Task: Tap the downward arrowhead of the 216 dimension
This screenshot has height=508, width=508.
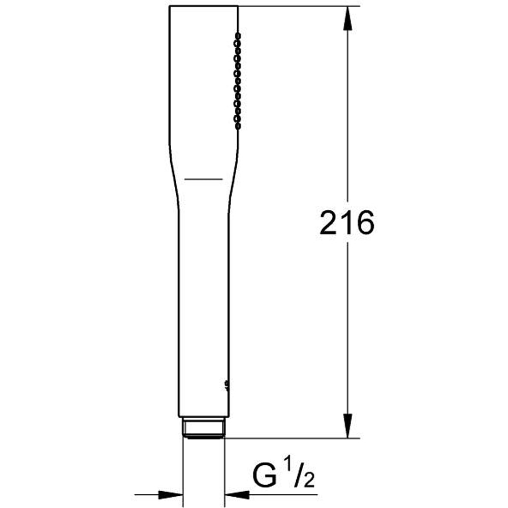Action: point(347,426)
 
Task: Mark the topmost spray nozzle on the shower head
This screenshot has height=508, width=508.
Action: point(237,37)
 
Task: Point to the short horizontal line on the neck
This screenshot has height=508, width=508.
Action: point(203,179)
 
